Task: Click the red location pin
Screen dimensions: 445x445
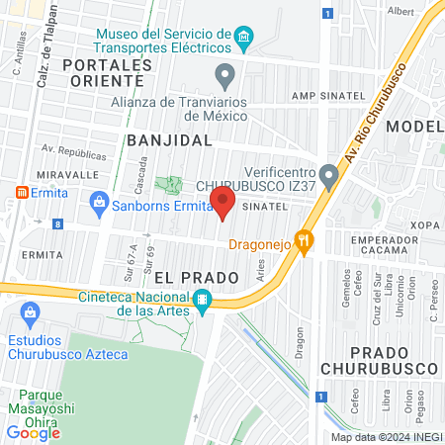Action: [x=223, y=206]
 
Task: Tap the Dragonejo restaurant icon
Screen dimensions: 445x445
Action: [x=306, y=238]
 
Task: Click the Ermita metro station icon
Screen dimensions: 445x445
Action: [x=20, y=190]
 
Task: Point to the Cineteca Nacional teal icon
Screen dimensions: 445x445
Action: [x=203, y=299]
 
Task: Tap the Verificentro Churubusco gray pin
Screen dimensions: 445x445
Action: [x=330, y=174]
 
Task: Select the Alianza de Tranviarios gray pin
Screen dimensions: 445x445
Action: [x=225, y=75]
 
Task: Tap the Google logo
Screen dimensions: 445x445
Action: [x=34, y=432]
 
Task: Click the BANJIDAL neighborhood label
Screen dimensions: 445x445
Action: [x=169, y=140]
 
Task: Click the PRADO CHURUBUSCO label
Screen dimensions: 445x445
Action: [x=380, y=358]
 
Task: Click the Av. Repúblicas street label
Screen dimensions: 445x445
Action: [x=73, y=155]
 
